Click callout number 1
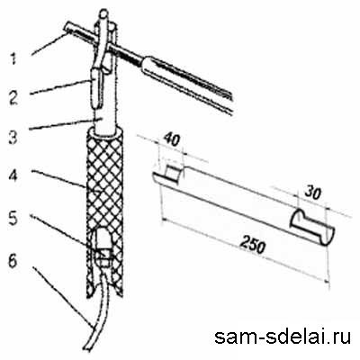[13, 58]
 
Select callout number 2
[13, 96]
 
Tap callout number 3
[13, 137]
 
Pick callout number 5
[13, 219]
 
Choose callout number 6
[13, 262]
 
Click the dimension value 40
[171, 140]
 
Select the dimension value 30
[312, 193]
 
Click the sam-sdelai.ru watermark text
[283, 337]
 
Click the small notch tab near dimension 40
[173, 173]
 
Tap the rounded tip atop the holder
[103, 13]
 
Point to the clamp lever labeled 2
[96, 87]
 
